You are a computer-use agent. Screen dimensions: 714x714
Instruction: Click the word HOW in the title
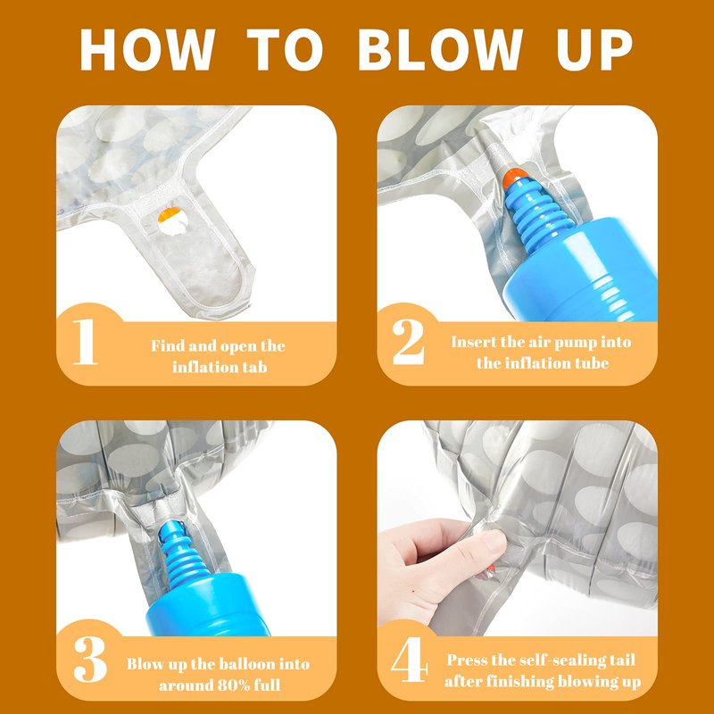[147, 49]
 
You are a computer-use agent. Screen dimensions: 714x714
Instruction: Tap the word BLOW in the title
[440, 49]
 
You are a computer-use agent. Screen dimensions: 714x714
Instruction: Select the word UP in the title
[594, 49]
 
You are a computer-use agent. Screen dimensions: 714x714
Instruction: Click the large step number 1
[85, 342]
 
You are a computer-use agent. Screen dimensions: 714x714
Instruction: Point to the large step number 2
[409, 342]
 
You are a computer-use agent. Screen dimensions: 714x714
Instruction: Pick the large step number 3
[90, 659]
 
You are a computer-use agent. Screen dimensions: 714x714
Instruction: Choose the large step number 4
[410, 659]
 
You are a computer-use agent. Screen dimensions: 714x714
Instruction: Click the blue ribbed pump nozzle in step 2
[538, 214]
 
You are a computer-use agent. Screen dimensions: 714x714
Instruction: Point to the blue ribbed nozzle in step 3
[183, 554]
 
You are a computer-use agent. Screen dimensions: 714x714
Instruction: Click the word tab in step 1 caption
[254, 367]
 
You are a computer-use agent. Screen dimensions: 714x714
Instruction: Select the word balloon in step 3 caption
[247, 663]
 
